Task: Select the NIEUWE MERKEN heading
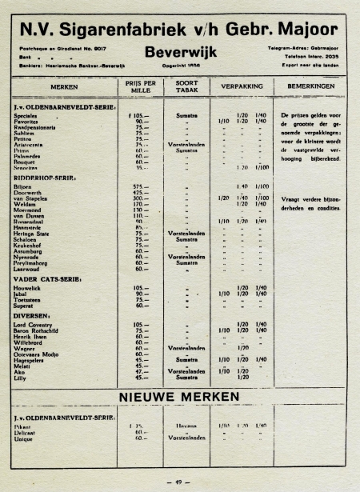pyautogui.click(x=179, y=397)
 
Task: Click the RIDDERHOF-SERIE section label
pyautogui.click(x=45, y=178)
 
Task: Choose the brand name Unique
pyautogui.click(x=23, y=439)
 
